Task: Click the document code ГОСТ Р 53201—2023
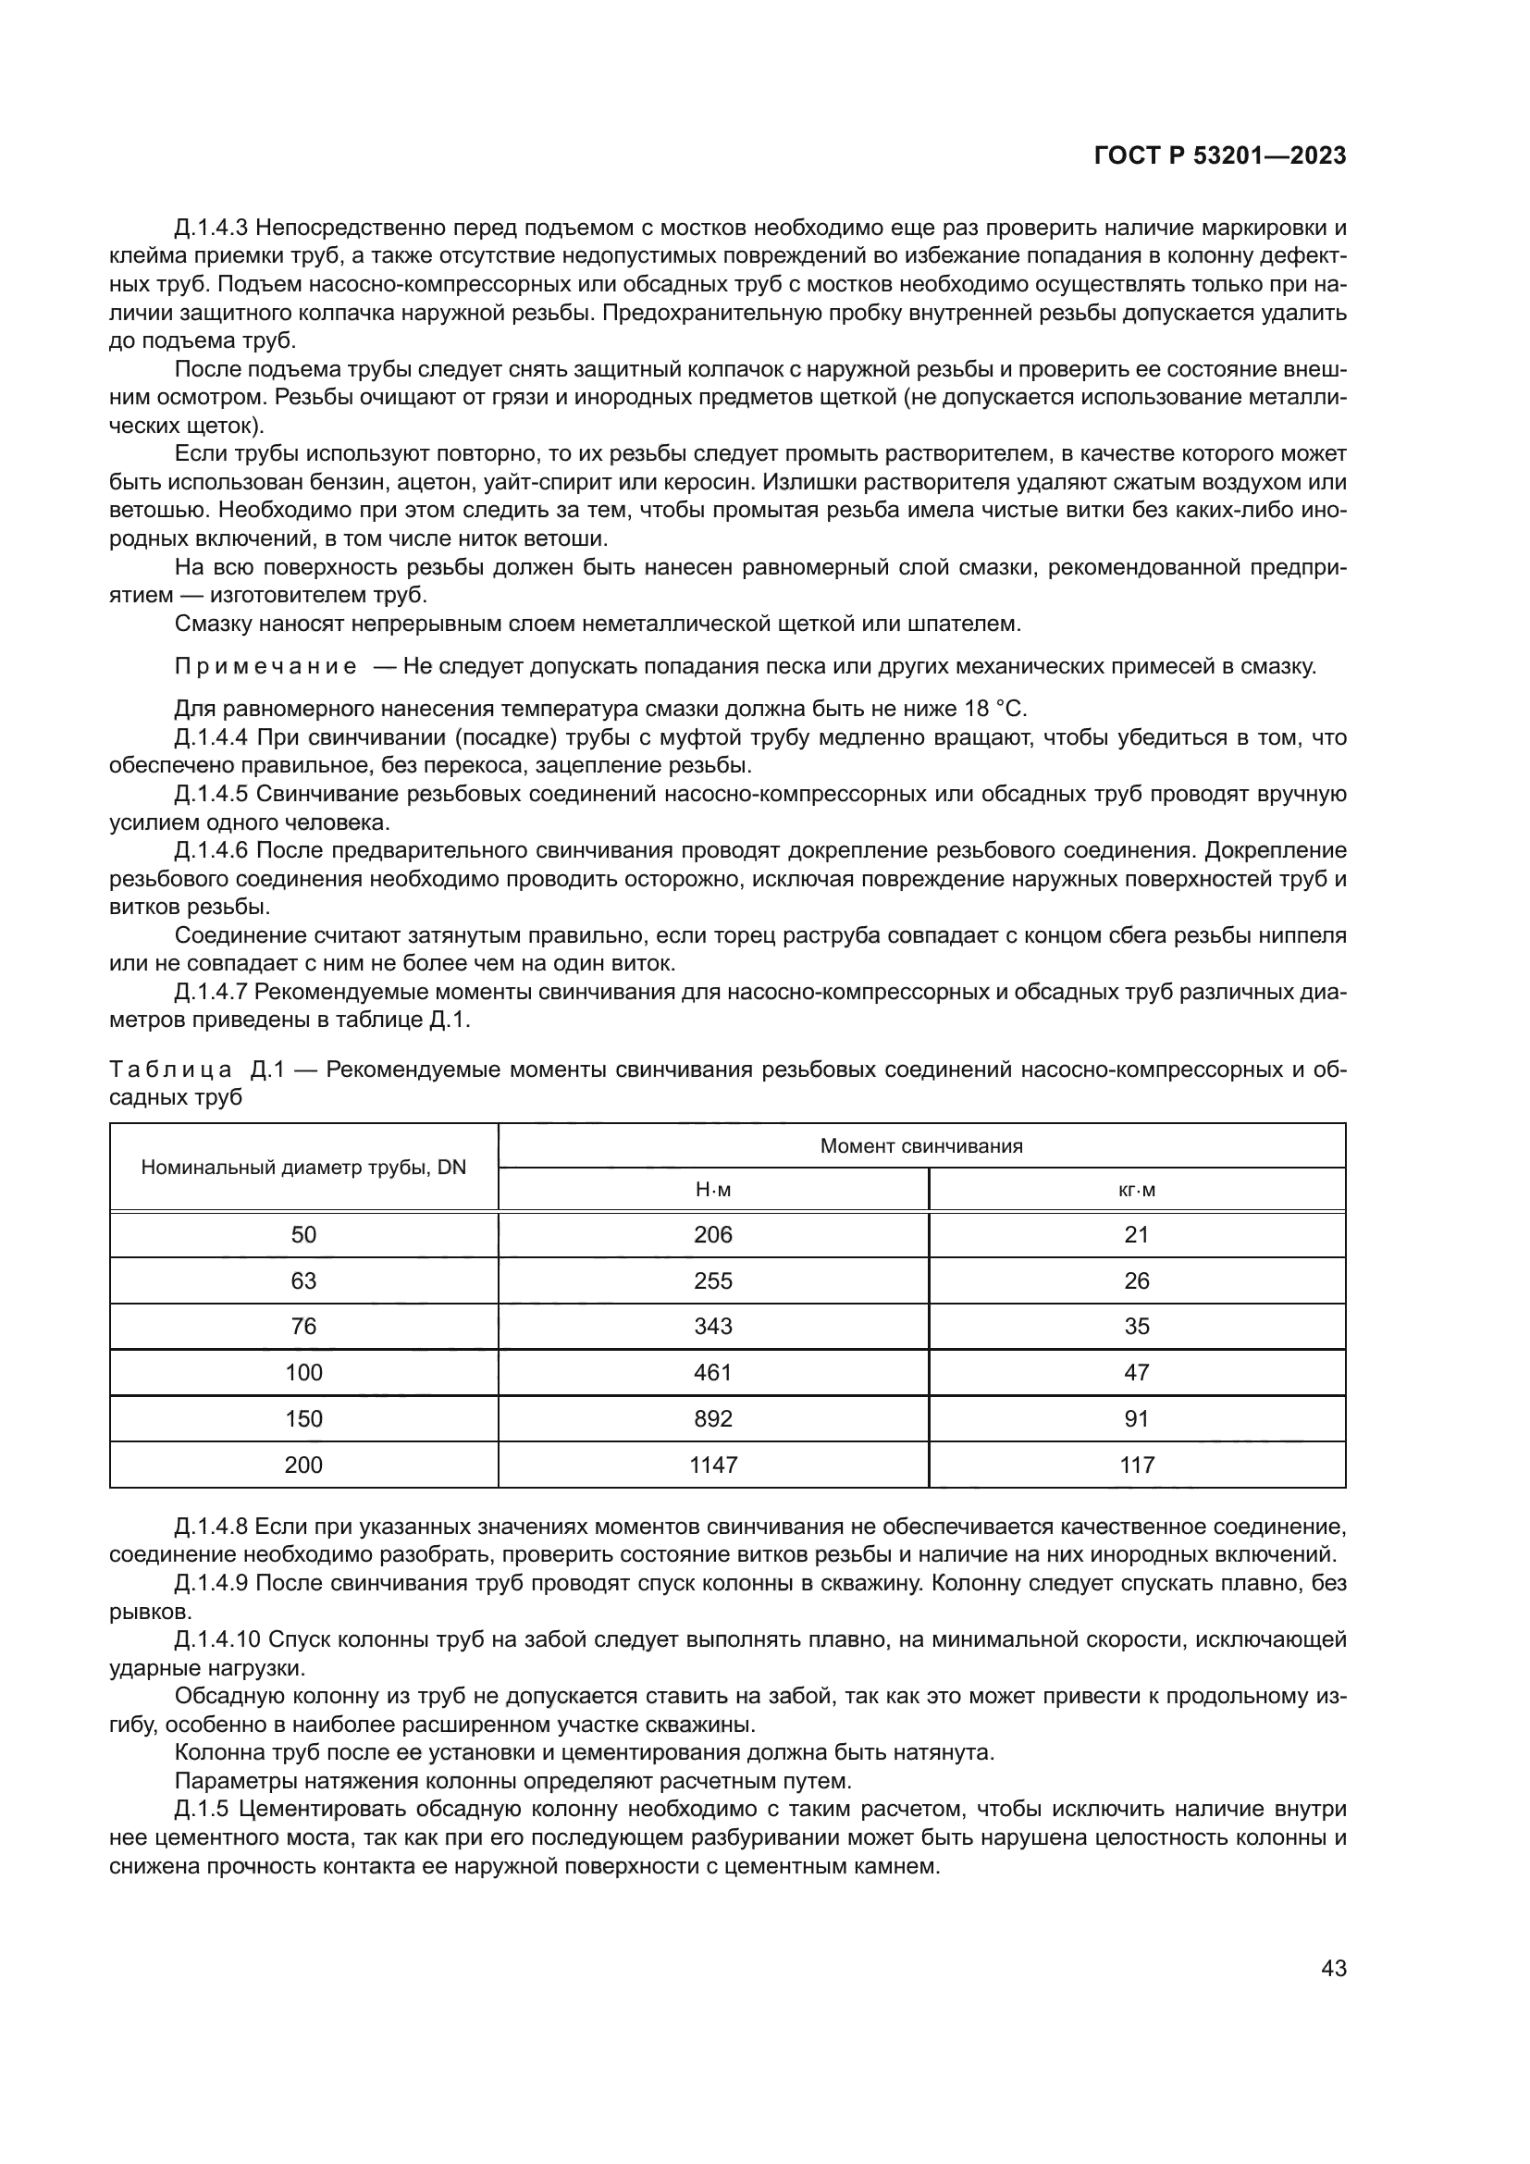(1220, 156)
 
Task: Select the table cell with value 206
(712, 1235)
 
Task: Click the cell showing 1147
(712, 1465)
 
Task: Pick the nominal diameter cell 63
(303, 1280)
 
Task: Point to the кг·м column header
(1136, 1190)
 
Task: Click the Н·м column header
(712, 1190)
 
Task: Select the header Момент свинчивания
(920, 1146)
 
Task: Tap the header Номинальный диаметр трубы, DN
(303, 1168)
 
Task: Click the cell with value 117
(1136, 1465)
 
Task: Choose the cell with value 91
(1136, 1418)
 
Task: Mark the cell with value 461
(712, 1372)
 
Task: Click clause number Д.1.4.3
(211, 229)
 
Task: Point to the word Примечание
(265, 666)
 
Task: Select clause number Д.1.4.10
(217, 1640)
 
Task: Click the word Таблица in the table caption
(170, 1070)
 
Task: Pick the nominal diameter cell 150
(303, 1418)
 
